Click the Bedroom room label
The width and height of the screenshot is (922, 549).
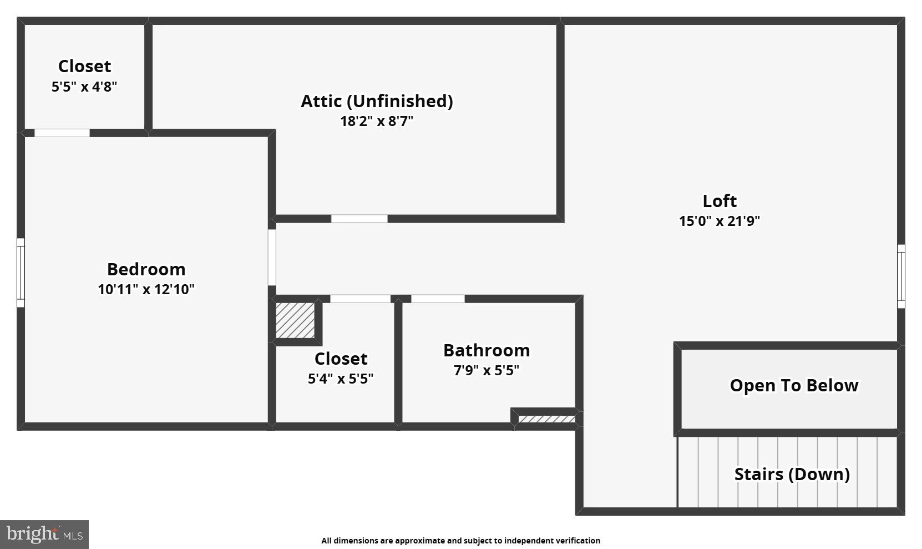pyautogui.click(x=146, y=269)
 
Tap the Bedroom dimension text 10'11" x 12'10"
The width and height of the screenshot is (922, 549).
pyautogui.click(x=146, y=289)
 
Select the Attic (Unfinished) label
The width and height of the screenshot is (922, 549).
pyautogui.click(x=377, y=101)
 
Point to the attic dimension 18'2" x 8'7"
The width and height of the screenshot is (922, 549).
pyautogui.click(x=377, y=121)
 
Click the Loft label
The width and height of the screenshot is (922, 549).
pyautogui.click(x=720, y=200)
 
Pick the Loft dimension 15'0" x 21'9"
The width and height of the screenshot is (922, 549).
pyautogui.click(x=720, y=221)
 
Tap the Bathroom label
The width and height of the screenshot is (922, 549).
pyautogui.click(x=487, y=350)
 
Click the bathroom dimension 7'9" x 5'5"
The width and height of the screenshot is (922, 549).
pyautogui.click(x=487, y=370)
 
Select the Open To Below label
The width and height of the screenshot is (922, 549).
pyautogui.click(x=794, y=385)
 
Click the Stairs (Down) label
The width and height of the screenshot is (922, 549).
pyautogui.click(x=792, y=474)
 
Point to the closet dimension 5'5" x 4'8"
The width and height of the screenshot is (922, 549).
pyautogui.click(x=84, y=87)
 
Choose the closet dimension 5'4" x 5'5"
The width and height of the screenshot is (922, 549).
pyautogui.click(x=341, y=379)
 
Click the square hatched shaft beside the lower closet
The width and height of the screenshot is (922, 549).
pyautogui.click(x=295, y=320)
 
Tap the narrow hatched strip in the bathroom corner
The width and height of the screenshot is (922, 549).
pyautogui.click(x=546, y=419)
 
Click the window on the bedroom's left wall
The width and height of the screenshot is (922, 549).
pyautogui.click(x=21, y=273)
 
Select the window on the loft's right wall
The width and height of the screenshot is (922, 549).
pyautogui.click(x=901, y=276)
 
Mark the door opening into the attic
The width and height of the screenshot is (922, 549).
pyautogui.click(x=359, y=219)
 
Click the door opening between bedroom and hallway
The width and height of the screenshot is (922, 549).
pyautogui.click(x=272, y=257)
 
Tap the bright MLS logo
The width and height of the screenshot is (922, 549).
pyautogui.click(x=44, y=534)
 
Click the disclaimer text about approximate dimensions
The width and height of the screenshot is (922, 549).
pyautogui.click(x=460, y=541)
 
